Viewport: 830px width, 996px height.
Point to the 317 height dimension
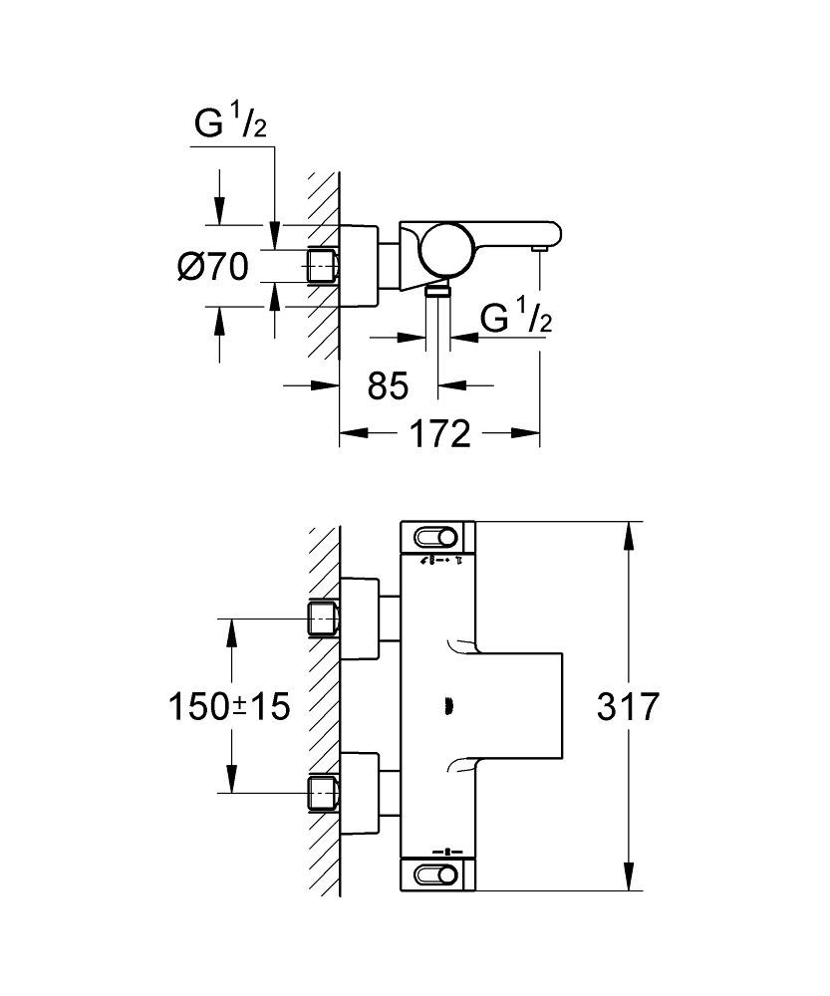click(x=628, y=707)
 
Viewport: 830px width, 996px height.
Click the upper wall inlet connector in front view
click(x=323, y=619)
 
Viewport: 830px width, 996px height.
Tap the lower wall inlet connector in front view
click(x=323, y=793)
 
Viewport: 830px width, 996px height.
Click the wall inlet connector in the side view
click(x=323, y=266)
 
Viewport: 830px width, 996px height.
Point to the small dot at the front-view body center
click(x=445, y=707)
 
